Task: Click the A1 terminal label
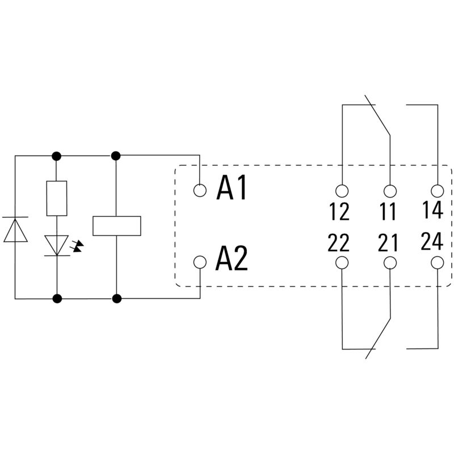click(x=232, y=189)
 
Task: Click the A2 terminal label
click(x=232, y=260)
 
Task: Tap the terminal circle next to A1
click(x=200, y=190)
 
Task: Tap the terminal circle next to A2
click(x=200, y=262)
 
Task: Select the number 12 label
click(x=339, y=212)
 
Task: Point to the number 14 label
click(x=432, y=210)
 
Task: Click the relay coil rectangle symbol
click(x=116, y=225)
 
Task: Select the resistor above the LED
click(x=57, y=198)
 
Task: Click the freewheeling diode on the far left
click(x=15, y=230)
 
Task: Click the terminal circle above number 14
click(x=437, y=190)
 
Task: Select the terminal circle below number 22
click(x=342, y=262)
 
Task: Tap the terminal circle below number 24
click(x=437, y=262)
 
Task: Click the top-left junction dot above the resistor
click(x=57, y=155)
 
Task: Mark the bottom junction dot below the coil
click(x=116, y=297)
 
